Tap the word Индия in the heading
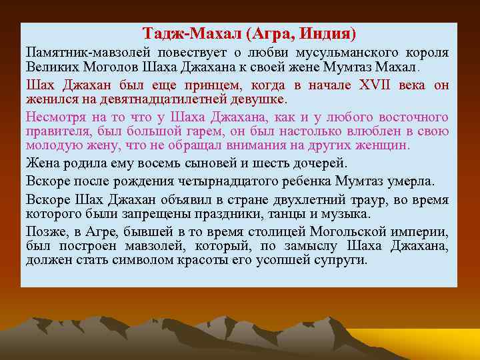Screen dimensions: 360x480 pyautogui.click(x=328, y=33)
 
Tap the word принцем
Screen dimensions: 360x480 pyautogui.click(x=221, y=85)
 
